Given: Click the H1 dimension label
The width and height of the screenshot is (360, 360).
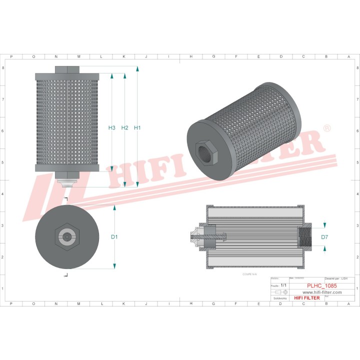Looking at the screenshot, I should coord(137,128).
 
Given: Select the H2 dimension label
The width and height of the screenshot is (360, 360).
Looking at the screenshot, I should coord(124,128).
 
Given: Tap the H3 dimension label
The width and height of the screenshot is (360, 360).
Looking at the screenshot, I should coord(111,128).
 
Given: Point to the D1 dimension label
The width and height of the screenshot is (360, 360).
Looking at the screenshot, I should coord(114,236).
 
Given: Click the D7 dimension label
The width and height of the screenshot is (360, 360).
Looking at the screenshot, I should coord(324,236).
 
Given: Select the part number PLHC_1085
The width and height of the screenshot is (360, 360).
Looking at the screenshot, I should coord(321,285).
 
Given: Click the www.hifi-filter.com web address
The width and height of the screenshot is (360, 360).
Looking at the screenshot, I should coord(321,292).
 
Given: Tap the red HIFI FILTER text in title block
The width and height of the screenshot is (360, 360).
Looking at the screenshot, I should coord(306,298).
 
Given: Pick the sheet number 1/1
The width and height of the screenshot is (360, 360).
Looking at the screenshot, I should coord(283,285).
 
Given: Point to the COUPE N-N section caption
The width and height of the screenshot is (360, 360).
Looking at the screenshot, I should coord(249,274).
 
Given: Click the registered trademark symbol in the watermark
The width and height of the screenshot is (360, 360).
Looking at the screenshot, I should coord(327,128).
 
